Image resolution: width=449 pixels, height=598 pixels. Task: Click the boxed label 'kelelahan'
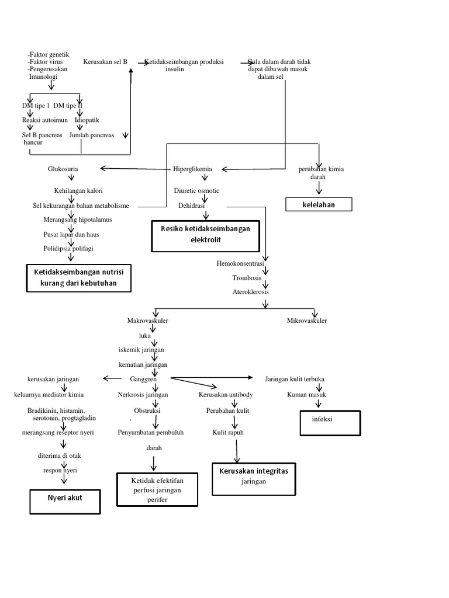tap(319, 204)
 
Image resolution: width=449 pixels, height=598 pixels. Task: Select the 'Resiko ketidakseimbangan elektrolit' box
tap(205, 235)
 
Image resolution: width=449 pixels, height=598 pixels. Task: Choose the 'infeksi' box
tap(330, 422)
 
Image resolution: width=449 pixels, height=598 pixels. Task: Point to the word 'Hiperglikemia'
tap(192, 169)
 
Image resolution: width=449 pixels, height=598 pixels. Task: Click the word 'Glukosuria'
tap(63, 169)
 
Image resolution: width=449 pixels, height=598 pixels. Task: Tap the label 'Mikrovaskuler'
tap(307, 321)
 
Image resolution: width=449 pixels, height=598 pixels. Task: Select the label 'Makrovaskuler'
tap(148, 321)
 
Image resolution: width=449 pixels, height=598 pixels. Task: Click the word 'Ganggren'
tap(143, 379)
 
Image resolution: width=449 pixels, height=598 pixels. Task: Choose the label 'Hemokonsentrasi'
tap(240, 264)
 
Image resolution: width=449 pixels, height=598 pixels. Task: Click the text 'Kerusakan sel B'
tap(105, 61)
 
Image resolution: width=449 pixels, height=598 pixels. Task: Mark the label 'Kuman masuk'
tap(306, 395)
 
